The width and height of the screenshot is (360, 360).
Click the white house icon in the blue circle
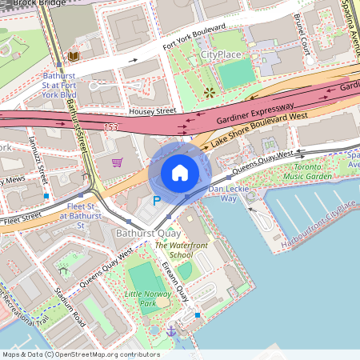point(179,173)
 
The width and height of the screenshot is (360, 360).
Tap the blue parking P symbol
point(158,202)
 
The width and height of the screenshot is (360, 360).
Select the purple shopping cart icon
point(117,162)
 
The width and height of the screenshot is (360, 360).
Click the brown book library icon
point(74,57)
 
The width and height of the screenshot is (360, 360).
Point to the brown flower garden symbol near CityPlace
point(210,92)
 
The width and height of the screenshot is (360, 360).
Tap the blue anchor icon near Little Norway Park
point(170,330)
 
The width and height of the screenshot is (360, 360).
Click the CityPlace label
point(220,54)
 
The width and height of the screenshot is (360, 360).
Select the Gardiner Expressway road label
point(254,113)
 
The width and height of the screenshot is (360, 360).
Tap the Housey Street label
point(150,112)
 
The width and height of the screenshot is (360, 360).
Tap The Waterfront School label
point(174,250)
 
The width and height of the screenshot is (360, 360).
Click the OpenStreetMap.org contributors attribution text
point(108,354)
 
